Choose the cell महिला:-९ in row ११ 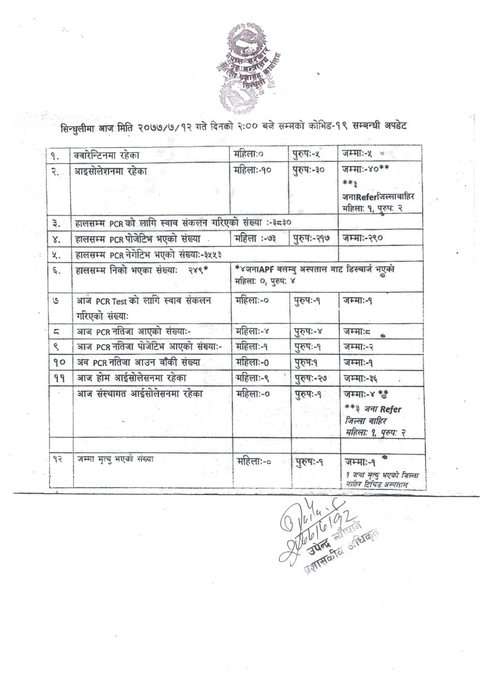pyautogui.click(x=253, y=378)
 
